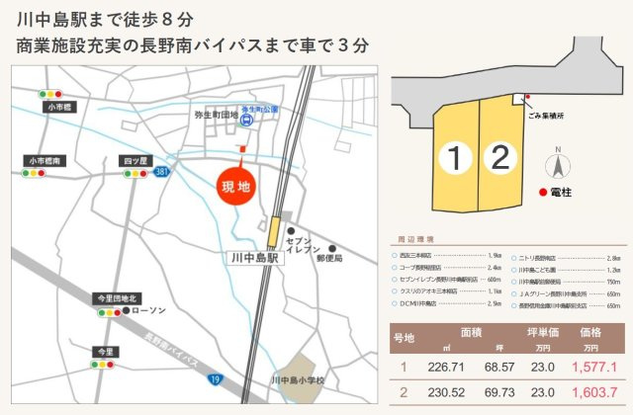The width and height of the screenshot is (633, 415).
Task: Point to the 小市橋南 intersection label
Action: coord(45,160)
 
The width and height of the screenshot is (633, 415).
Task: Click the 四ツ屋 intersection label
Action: coord(136,160)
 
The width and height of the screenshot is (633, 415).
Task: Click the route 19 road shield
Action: coord(214,378)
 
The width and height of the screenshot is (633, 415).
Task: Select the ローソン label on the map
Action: coord(149,311)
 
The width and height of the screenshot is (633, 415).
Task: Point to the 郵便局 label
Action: coord(329,258)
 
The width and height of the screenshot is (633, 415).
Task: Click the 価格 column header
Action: coord(592,333)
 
